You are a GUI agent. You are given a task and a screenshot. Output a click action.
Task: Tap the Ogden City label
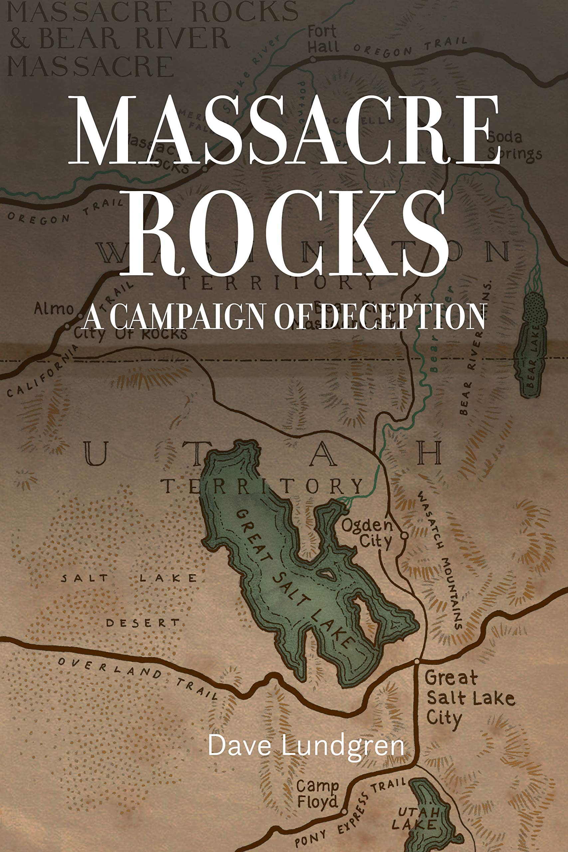click(x=367, y=533)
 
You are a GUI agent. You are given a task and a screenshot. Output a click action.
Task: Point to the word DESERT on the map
click(x=142, y=623)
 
